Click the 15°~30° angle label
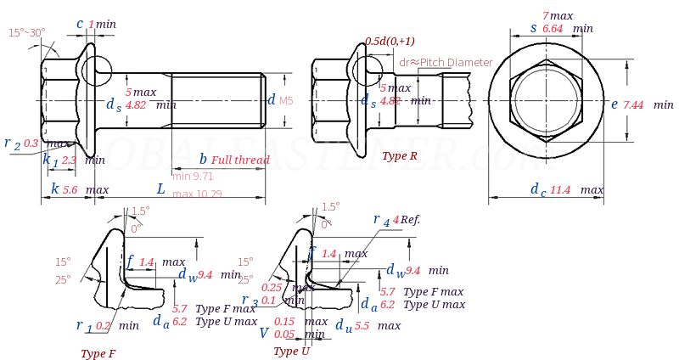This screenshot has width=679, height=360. coord(27,32)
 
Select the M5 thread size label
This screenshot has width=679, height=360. coord(286,101)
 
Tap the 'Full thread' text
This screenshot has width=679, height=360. coord(240,160)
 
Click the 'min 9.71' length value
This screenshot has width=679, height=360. coord(193,176)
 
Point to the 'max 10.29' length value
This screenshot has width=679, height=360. coord(196,194)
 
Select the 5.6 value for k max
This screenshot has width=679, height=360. coord(70,189)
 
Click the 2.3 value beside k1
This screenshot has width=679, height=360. coord(69,160)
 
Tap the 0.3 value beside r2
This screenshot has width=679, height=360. coord(31,143)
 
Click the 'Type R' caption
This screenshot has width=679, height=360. coord(399,156)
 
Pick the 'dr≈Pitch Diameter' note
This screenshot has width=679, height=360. coord(446,63)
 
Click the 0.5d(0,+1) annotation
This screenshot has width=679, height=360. coord(390,42)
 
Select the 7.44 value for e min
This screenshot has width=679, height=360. coord(633,104)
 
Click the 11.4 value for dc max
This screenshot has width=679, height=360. coord(559,189)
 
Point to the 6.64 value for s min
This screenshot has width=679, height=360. coord(553,28)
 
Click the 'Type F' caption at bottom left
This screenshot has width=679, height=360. coord(98,353)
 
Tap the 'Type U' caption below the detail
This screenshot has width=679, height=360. coord(291,351)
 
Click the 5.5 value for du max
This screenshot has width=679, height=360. coord(362,326)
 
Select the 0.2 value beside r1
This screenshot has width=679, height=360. coord(104,325)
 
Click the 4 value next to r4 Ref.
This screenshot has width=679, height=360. coord(396,219)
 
